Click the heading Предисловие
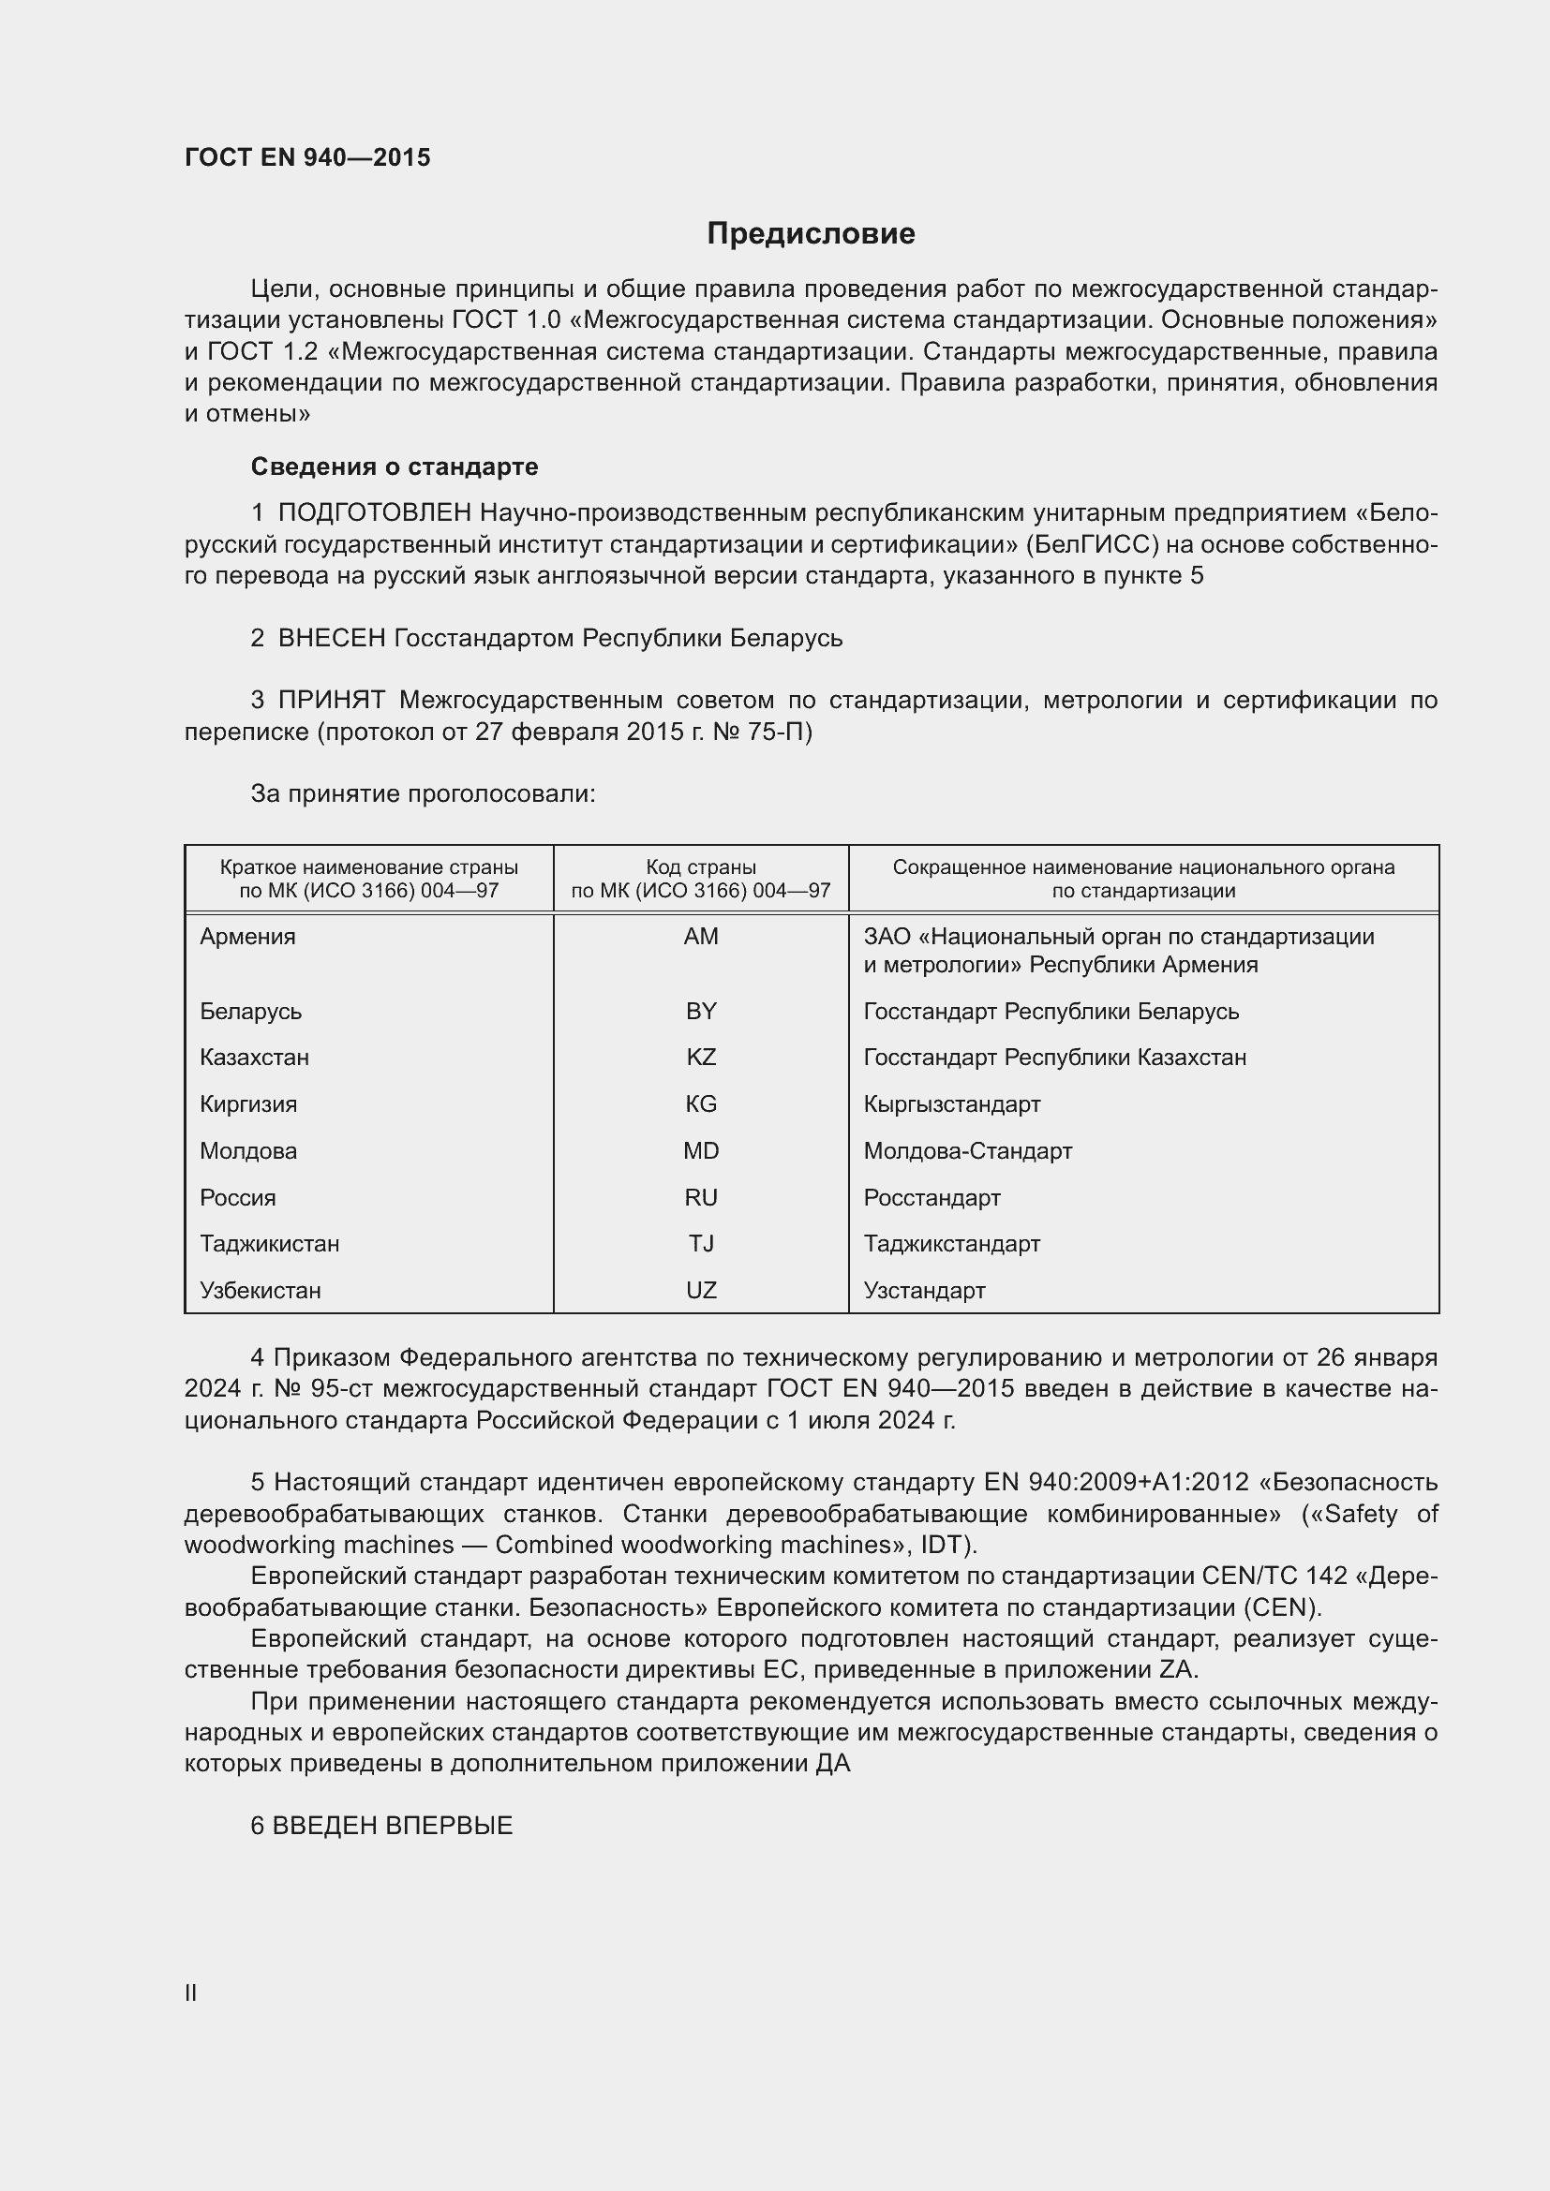[x=811, y=234]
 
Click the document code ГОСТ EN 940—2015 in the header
[x=307, y=157]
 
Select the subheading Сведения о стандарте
[x=395, y=466]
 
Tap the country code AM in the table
[x=701, y=936]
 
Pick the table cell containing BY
[x=701, y=1011]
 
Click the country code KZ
[x=701, y=1058]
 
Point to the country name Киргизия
[x=248, y=1104]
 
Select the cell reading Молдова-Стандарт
[x=967, y=1151]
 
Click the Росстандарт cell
[x=931, y=1198]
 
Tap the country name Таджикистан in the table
[x=269, y=1243]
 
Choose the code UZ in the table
[x=701, y=1290]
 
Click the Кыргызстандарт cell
[x=951, y=1104]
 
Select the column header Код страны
[x=701, y=867]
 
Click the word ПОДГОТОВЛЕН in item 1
[x=374, y=513]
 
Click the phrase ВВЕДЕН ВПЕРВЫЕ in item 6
[x=393, y=1826]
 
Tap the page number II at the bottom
[x=191, y=1992]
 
